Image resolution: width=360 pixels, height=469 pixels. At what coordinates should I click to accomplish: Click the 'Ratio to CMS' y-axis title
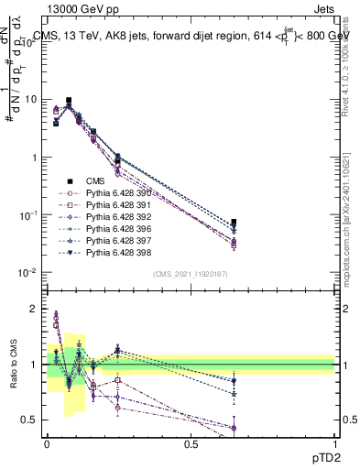[x=12, y=365]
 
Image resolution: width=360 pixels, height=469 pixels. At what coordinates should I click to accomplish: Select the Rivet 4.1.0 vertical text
[x=352, y=55]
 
